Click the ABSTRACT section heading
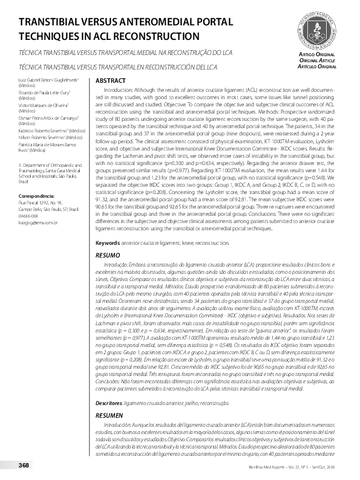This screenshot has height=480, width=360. (111, 80)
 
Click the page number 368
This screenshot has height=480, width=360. (24, 465)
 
